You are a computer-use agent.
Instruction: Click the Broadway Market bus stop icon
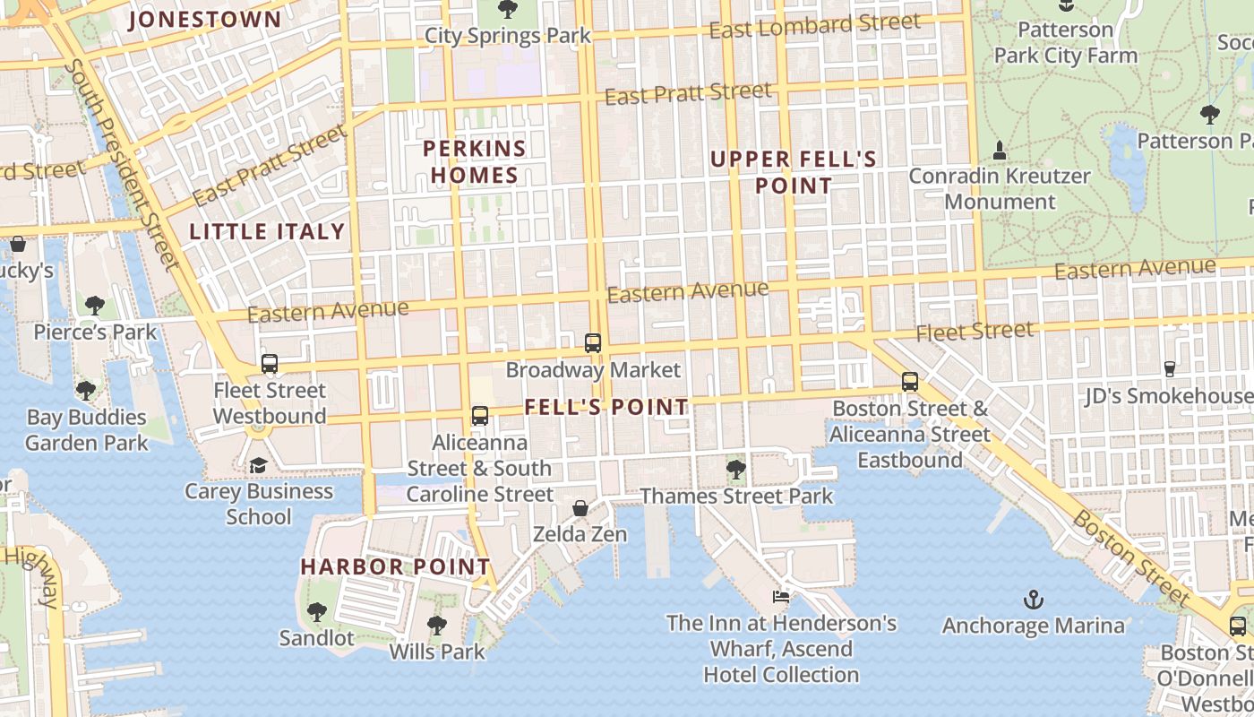click(592, 342)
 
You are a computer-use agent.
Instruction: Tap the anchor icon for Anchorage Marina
click(1034, 599)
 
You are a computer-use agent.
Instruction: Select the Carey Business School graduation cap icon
click(258, 465)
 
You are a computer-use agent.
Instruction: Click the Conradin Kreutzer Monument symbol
click(1000, 150)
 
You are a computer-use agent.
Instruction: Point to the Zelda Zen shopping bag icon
click(580, 508)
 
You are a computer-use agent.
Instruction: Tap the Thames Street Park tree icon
click(735, 469)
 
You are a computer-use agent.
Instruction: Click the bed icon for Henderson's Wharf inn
click(781, 596)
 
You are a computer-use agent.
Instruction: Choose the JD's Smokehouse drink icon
click(1169, 368)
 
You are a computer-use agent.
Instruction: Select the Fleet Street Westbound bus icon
click(269, 364)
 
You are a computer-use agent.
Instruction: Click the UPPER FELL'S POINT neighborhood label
click(794, 172)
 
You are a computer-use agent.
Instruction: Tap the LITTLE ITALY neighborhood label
click(267, 231)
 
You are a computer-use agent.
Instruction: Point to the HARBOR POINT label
click(395, 566)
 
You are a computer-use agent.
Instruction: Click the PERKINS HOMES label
click(475, 161)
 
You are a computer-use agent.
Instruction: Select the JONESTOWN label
click(205, 19)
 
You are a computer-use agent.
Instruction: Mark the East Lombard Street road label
click(814, 27)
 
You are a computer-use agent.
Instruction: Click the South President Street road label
click(124, 164)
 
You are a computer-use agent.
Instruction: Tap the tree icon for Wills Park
click(436, 625)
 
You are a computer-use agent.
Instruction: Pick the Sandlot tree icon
click(316, 612)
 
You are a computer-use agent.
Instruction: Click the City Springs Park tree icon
click(507, 10)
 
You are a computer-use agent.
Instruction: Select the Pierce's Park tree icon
click(95, 306)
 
